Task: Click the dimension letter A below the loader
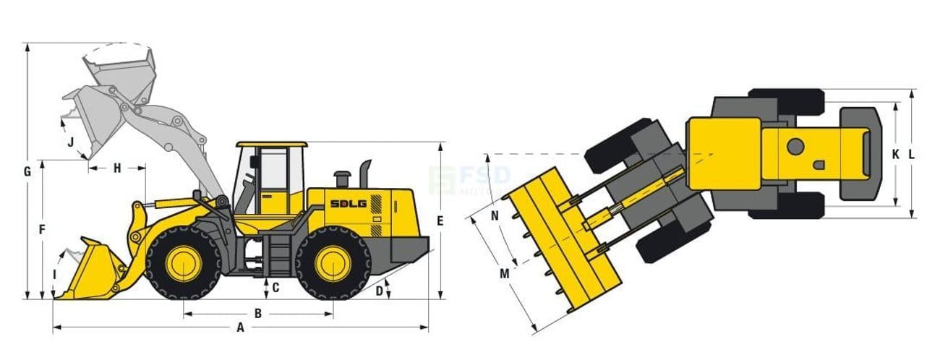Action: click(x=241, y=327)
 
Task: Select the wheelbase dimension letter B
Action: click(x=257, y=314)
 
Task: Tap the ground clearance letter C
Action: click(x=275, y=288)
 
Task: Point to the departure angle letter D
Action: click(x=379, y=291)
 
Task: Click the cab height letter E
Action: click(x=440, y=221)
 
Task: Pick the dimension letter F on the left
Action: click(x=42, y=229)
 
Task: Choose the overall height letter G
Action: click(x=27, y=172)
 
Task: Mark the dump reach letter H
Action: click(x=117, y=168)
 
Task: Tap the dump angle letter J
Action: click(x=71, y=142)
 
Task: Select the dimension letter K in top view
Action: click(x=895, y=154)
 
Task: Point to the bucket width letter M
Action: click(x=504, y=274)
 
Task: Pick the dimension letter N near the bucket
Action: click(x=495, y=215)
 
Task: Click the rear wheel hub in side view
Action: click(x=333, y=264)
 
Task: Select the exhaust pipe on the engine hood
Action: click(x=365, y=173)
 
